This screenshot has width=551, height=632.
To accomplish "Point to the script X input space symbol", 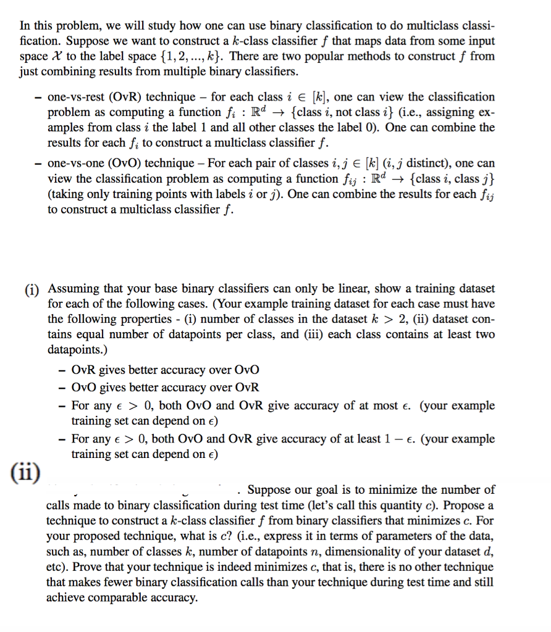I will click(53, 57).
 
